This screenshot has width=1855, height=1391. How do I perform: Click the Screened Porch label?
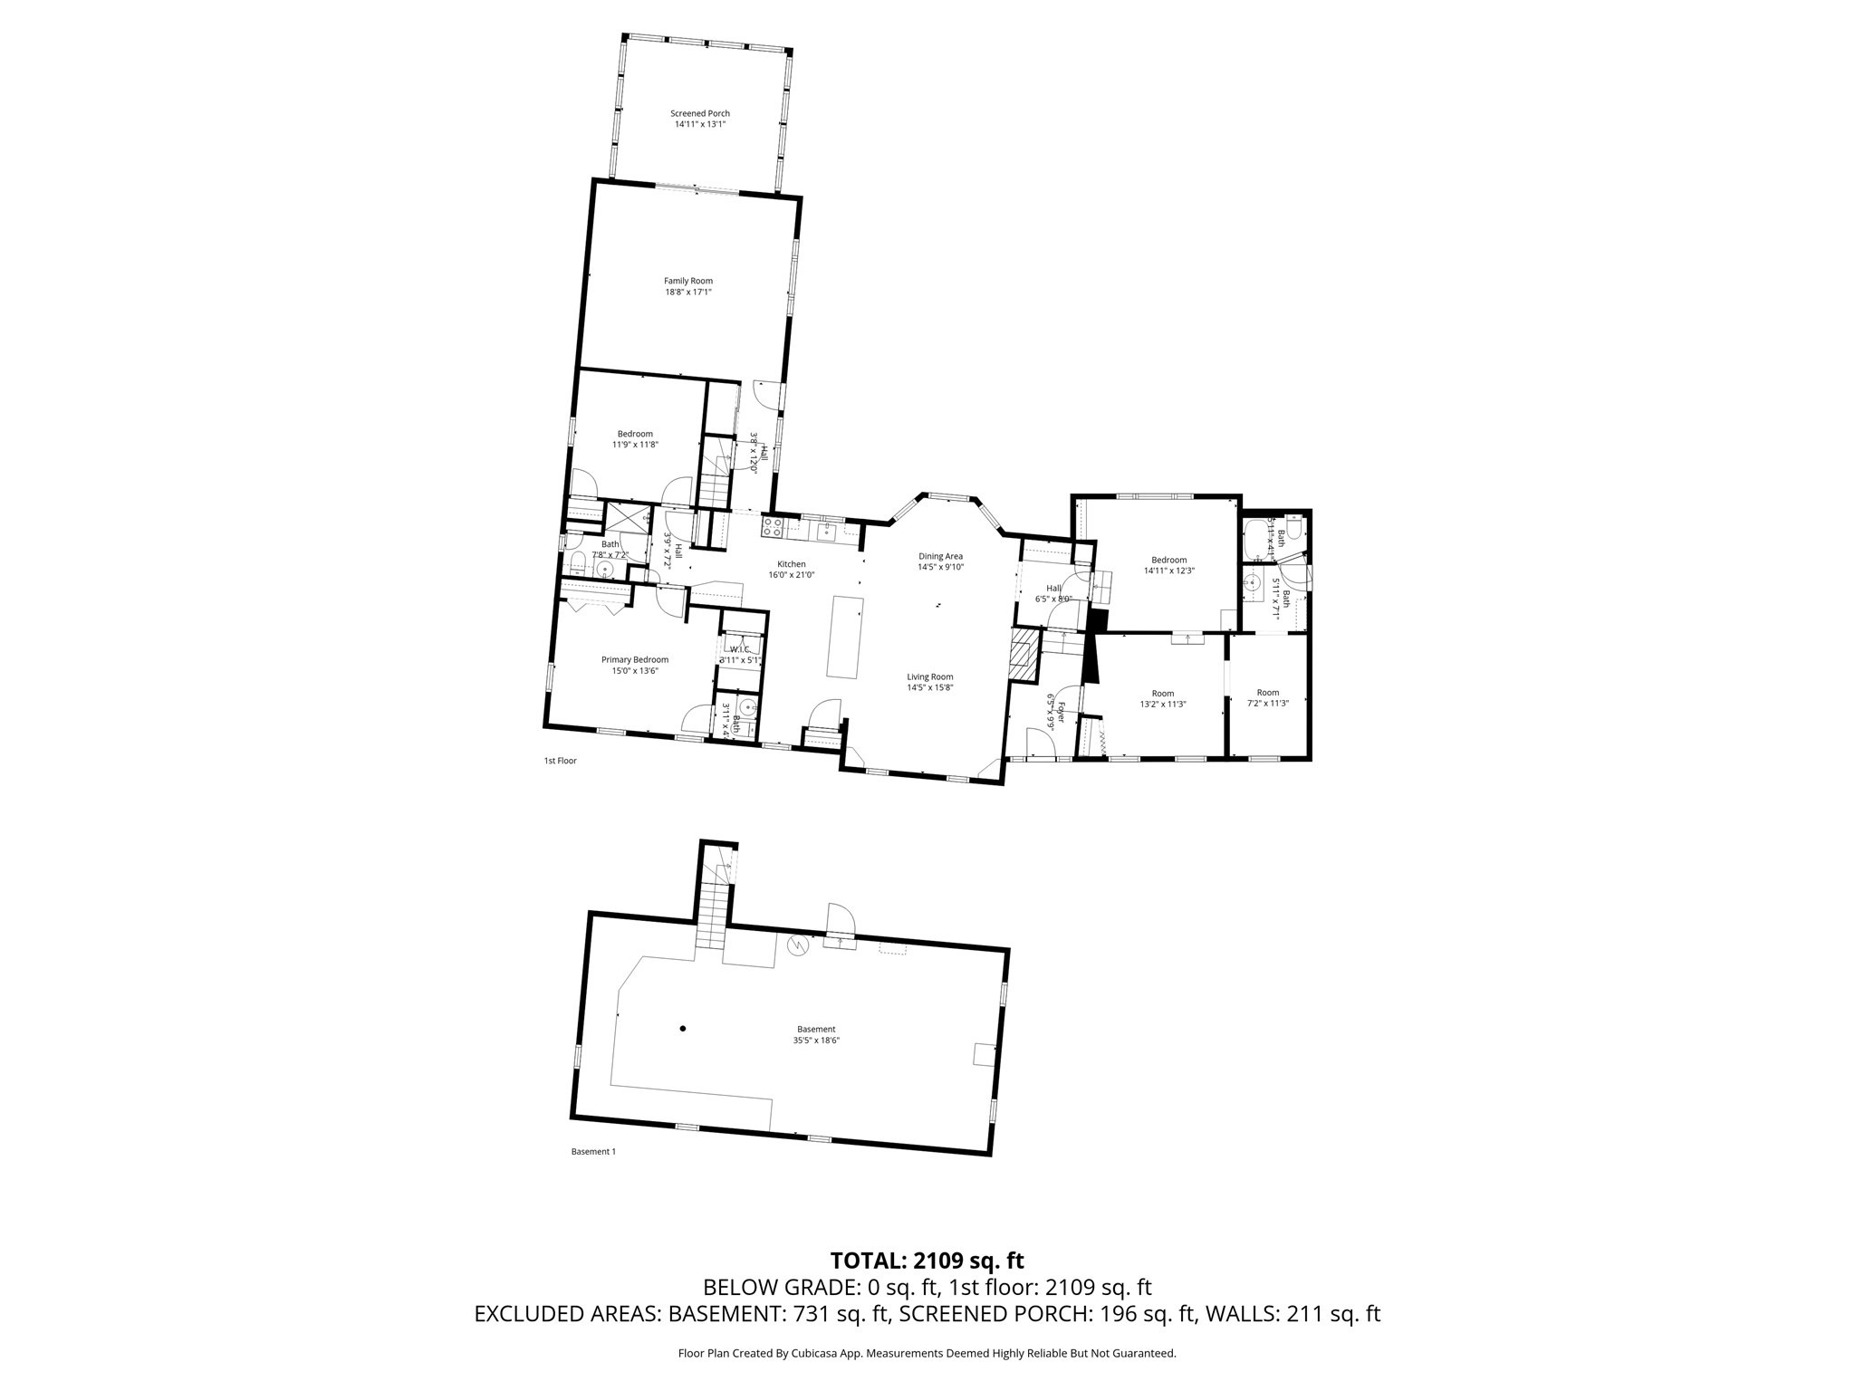pyautogui.click(x=699, y=113)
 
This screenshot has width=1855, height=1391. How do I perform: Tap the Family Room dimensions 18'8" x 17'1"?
pyautogui.click(x=687, y=293)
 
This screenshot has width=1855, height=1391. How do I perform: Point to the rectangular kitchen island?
pyautogui.click(x=844, y=636)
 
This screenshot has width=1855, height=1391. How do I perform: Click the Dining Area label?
pyautogui.click(x=940, y=556)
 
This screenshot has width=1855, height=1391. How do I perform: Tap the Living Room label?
pyautogui.click(x=930, y=676)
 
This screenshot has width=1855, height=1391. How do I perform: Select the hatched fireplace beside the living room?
pyautogui.click(x=1024, y=656)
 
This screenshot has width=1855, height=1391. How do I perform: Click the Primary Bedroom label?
pyautogui.click(x=634, y=659)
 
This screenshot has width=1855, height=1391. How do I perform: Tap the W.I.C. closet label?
pyautogui.click(x=740, y=649)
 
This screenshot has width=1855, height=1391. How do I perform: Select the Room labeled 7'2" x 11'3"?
pyautogui.click(x=1267, y=698)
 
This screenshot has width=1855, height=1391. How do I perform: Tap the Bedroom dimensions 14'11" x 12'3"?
pyautogui.click(x=1168, y=571)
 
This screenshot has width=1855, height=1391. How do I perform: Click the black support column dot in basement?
pyautogui.click(x=683, y=1028)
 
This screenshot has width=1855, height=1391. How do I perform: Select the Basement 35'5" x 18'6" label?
pyautogui.click(x=815, y=1034)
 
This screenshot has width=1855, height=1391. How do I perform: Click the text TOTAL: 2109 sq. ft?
pyautogui.click(x=927, y=1260)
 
